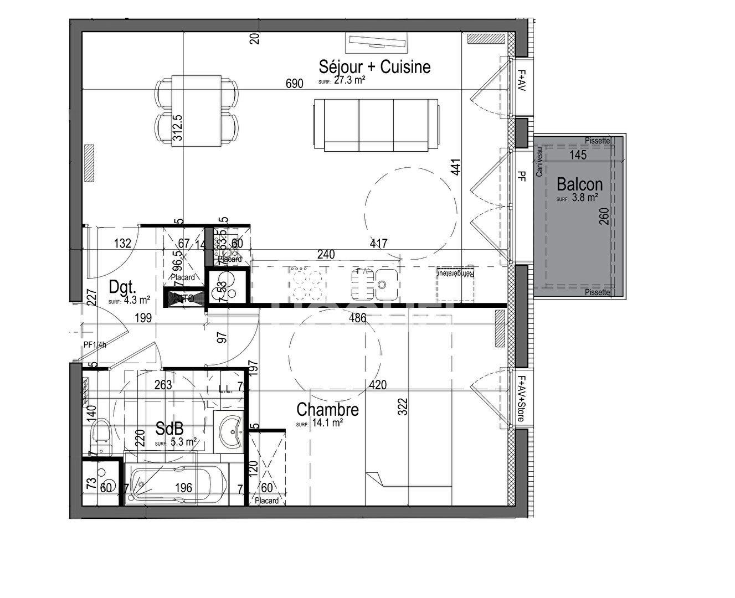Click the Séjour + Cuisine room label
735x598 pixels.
[374, 66]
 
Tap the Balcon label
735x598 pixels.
[579, 184]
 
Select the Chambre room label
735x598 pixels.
[327, 410]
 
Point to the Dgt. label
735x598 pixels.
[122, 287]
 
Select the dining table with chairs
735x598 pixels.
[197, 111]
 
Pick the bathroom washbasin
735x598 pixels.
[228, 432]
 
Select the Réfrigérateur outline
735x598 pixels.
[455, 283]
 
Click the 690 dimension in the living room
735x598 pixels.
[294, 84]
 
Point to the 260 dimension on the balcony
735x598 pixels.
[604, 216]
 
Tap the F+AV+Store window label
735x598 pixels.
[521, 399]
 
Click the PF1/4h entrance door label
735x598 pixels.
[95, 344]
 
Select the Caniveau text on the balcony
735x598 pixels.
[539, 161]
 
